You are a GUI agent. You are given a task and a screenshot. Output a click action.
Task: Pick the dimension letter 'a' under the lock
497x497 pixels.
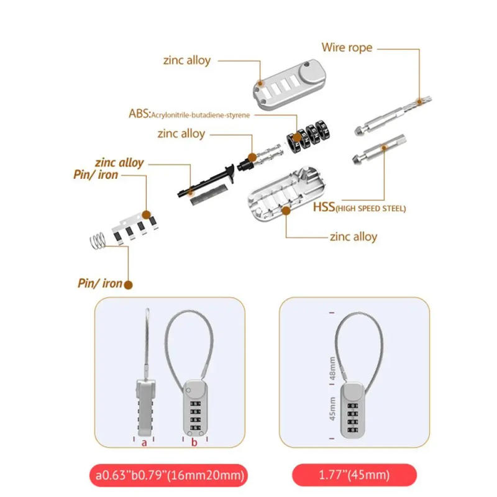pyautogui.click(x=144, y=443)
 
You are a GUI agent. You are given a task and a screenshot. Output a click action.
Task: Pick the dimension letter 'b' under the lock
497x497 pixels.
pyautogui.click(x=194, y=443)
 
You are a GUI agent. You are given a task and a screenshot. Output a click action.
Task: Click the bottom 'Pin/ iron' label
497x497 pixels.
pyautogui.click(x=99, y=284)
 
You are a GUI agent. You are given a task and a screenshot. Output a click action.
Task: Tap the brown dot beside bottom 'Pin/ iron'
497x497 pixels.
pyautogui.click(x=129, y=285)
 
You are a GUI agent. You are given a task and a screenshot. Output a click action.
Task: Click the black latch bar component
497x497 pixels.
pyautogui.click(x=206, y=180)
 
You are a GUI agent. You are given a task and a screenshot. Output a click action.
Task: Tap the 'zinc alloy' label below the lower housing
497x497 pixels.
pyautogui.click(x=353, y=236)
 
